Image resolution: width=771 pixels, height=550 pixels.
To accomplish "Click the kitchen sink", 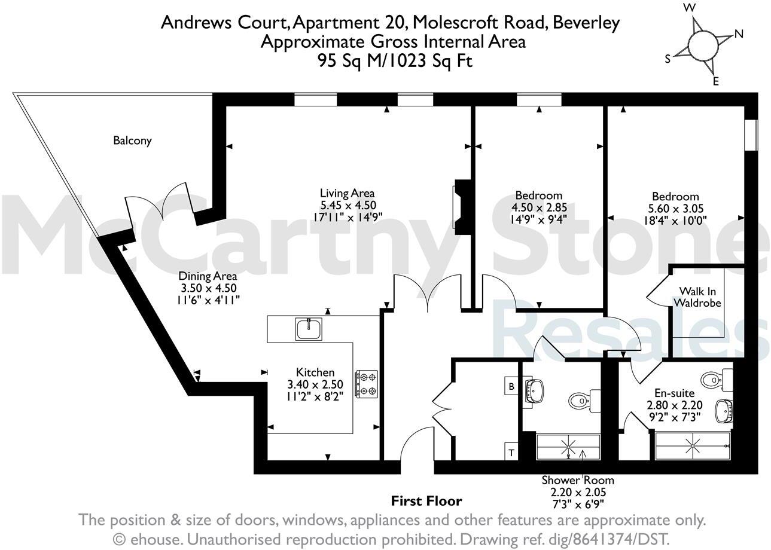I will pos(309,328).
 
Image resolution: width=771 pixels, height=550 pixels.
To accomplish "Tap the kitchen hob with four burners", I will pos(366,384).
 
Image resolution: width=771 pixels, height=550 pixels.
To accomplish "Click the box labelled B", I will pos(511,386).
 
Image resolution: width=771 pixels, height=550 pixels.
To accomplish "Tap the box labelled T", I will pos(511,453).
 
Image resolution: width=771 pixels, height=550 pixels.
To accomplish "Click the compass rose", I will pos(702,45).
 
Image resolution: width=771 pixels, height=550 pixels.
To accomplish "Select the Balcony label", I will pos(132,141).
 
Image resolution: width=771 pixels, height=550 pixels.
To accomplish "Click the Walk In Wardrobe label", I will pos(697,297).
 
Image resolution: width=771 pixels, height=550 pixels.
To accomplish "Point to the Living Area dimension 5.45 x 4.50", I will pos(348,205).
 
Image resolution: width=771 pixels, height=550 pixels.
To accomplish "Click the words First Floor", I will pos(426,501).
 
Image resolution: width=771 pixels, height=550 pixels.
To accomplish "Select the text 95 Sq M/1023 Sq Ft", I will pos(395,61).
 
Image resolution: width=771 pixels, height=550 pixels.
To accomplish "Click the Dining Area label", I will pos(208,276).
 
